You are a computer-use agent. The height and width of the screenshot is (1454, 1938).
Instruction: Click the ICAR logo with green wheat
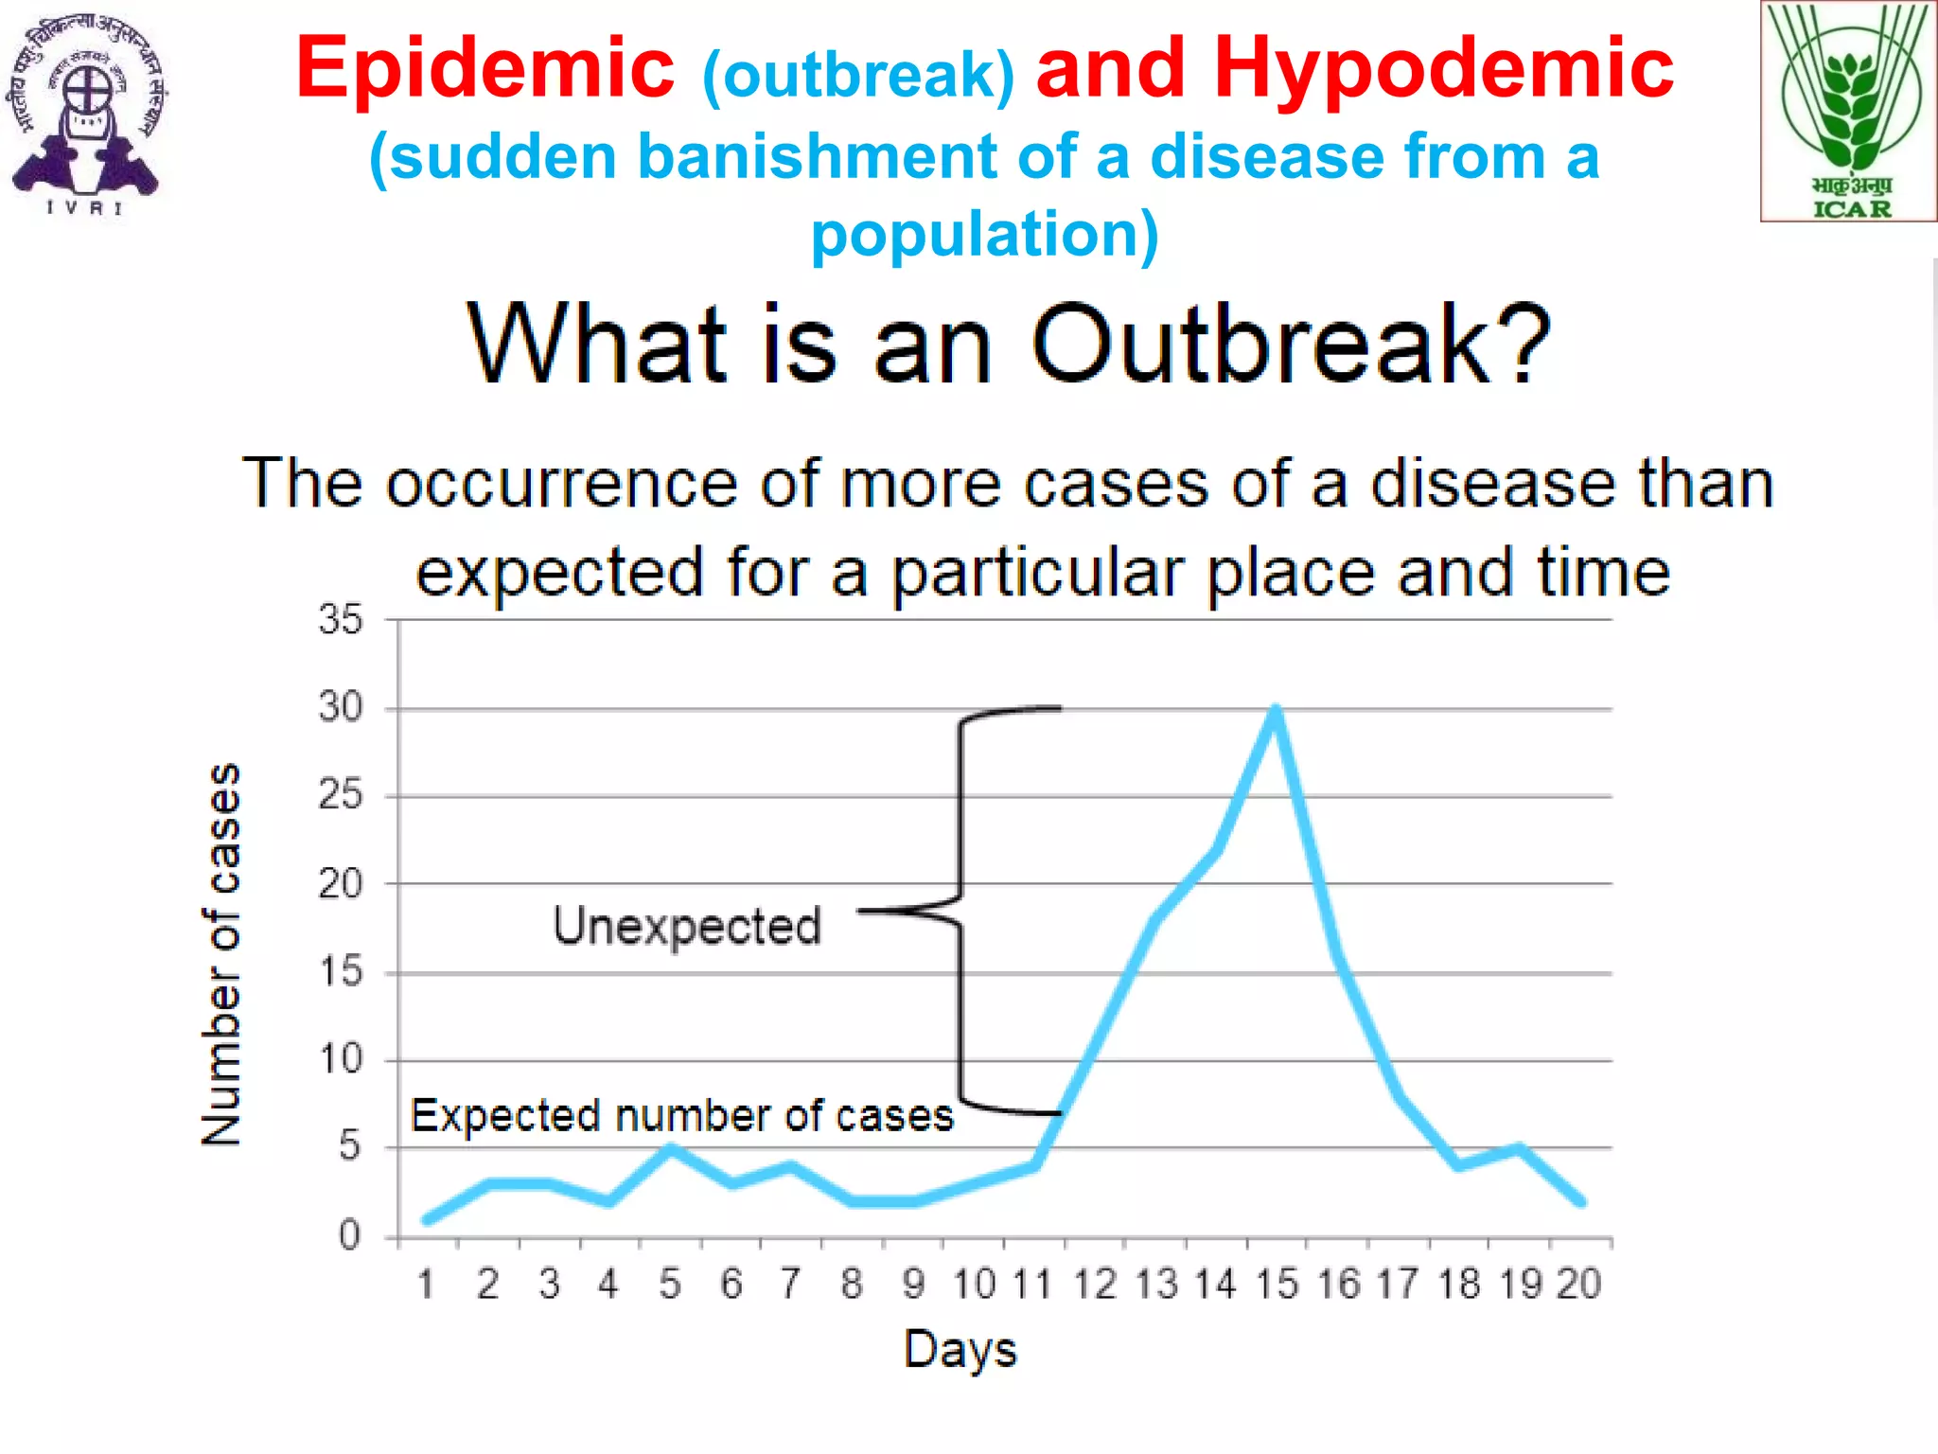pyautogui.click(x=1849, y=112)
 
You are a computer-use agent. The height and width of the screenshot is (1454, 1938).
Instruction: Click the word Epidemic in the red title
pyautogui.click(x=484, y=68)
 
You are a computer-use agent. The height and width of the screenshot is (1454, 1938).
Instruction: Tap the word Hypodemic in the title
pyautogui.click(x=1443, y=68)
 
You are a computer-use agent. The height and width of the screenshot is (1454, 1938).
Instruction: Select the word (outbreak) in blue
pyautogui.click(x=858, y=76)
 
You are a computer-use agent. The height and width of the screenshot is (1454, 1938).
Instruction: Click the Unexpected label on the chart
pyautogui.click(x=687, y=926)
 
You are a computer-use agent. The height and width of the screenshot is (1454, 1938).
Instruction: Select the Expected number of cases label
pyautogui.click(x=681, y=1115)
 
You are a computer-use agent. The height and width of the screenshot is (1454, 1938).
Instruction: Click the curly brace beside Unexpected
pyautogui.click(x=961, y=909)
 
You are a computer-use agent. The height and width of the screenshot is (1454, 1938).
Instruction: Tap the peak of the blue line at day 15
pyautogui.click(x=1276, y=710)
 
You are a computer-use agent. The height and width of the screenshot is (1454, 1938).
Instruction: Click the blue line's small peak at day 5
pyautogui.click(x=670, y=1149)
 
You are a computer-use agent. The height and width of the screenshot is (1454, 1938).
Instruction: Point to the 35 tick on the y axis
pyautogui.click(x=341, y=620)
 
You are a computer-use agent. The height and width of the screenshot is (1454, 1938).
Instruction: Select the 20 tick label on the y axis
pyautogui.click(x=341, y=884)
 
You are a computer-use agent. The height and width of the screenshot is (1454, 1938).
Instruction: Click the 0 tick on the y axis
pyautogui.click(x=349, y=1235)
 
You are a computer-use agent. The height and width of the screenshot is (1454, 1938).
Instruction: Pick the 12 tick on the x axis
pyautogui.click(x=1096, y=1285)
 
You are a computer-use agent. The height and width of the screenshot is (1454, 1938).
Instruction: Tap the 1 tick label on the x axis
pyautogui.click(x=426, y=1285)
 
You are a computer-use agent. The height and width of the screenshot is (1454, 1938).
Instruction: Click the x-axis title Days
pyautogui.click(x=960, y=1349)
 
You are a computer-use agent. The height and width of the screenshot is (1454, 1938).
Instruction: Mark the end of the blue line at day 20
pyautogui.click(x=1580, y=1201)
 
